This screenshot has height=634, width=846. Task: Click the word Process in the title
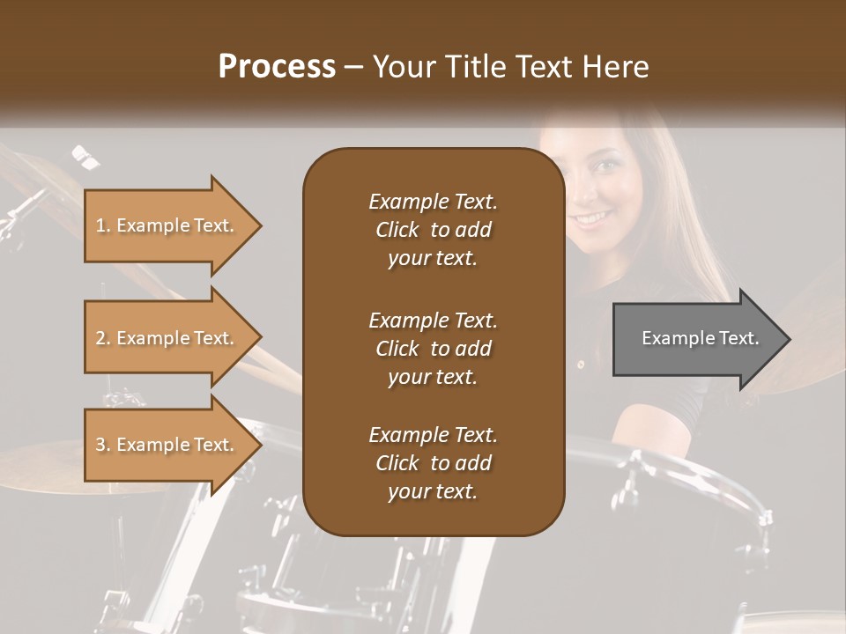[x=277, y=67]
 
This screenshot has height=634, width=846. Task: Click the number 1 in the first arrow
[x=100, y=225]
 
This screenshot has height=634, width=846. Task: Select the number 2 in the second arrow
[x=100, y=338]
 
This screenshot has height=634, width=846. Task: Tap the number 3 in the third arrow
[x=100, y=445]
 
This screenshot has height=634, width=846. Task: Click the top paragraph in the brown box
[x=433, y=230]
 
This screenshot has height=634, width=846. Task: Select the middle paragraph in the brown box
[x=433, y=348]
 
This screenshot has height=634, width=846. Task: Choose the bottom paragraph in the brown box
[x=433, y=463]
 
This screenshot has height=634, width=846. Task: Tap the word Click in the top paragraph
[x=397, y=230]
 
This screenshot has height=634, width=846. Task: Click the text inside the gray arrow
[x=700, y=338]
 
